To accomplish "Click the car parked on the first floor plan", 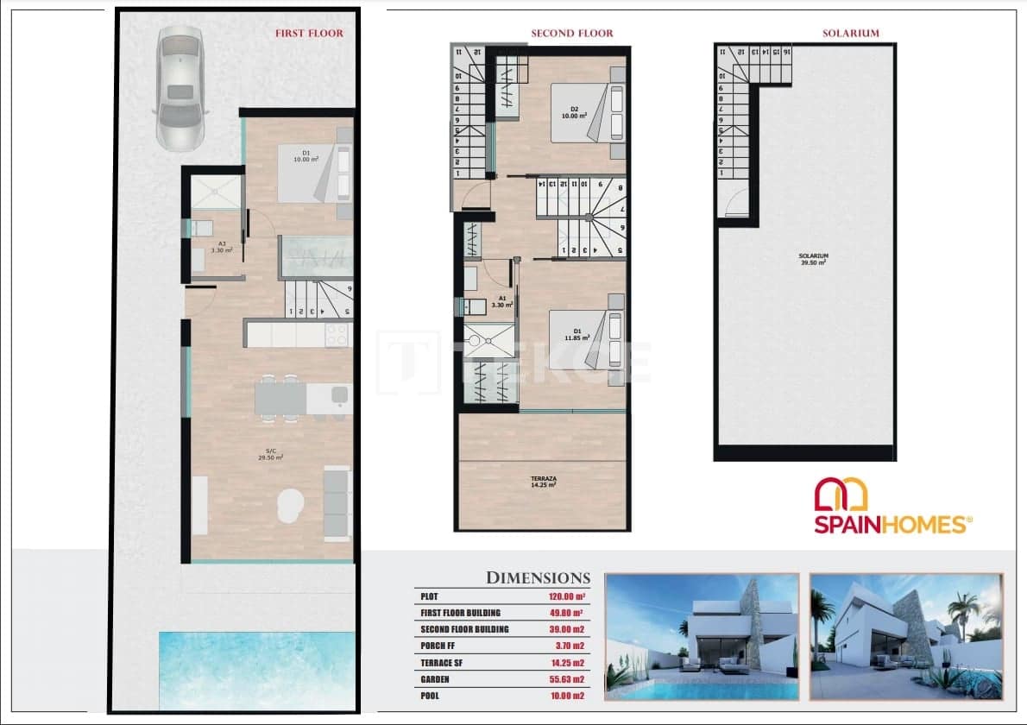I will tap(180, 87).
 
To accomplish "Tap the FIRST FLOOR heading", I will tap(309, 34).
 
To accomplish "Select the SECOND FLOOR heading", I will tap(571, 34).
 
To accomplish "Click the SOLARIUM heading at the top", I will tap(850, 34).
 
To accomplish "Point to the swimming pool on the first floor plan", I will tap(257, 671).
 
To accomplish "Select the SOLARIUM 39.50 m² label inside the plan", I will tap(813, 259).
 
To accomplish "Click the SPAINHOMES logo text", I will tap(892, 523).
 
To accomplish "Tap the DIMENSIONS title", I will tap(538, 578).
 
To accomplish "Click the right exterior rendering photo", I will tap(905, 636).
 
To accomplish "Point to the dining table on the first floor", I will tap(280, 398).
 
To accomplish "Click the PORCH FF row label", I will tap(440, 646).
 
